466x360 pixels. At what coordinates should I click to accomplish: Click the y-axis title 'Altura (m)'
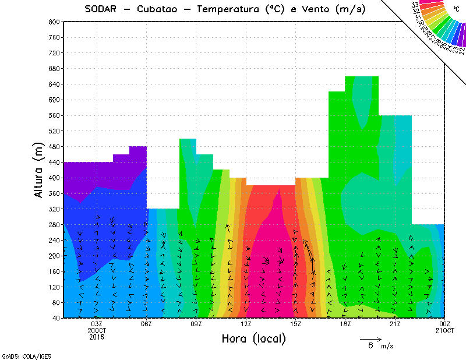click(38, 170)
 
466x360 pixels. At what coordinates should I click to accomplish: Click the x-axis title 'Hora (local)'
click(253, 338)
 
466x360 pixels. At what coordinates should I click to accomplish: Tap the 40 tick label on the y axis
click(55, 318)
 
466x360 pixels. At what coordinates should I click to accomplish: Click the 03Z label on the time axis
click(97, 324)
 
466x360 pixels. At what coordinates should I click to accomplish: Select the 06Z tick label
click(147, 324)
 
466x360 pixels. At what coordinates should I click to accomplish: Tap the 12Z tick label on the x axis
click(246, 324)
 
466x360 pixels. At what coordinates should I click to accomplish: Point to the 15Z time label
click(296, 324)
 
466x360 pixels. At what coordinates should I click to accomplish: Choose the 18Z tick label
click(345, 324)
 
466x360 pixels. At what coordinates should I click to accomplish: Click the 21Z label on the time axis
click(396, 324)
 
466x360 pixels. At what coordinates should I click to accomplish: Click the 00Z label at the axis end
click(445, 324)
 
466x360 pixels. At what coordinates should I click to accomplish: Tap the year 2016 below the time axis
click(97, 337)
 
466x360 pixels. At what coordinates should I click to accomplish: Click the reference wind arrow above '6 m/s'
click(370, 338)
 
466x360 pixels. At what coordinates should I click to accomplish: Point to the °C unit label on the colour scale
click(456, 9)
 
